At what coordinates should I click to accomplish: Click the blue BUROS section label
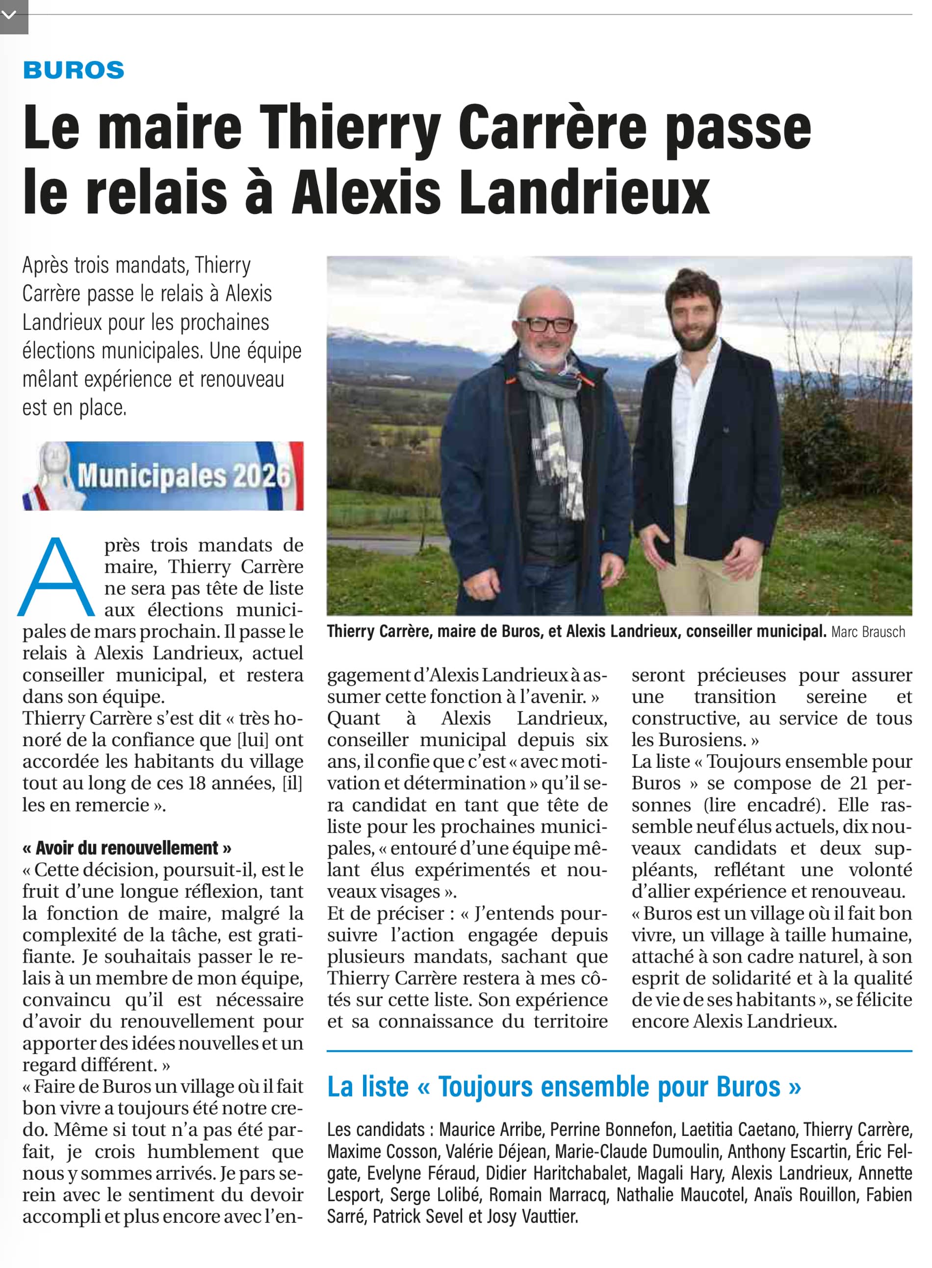(74, 70)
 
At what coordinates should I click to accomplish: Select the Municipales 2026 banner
(163, 476)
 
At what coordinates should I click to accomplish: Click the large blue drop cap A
(56, 577)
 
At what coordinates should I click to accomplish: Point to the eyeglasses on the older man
(545, 324)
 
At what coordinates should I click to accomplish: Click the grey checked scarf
(556, 429)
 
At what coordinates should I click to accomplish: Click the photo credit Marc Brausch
(868, 632)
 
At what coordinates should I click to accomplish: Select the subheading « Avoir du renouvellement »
(127, 848)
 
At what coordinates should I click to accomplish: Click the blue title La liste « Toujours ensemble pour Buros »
(564, 1087)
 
